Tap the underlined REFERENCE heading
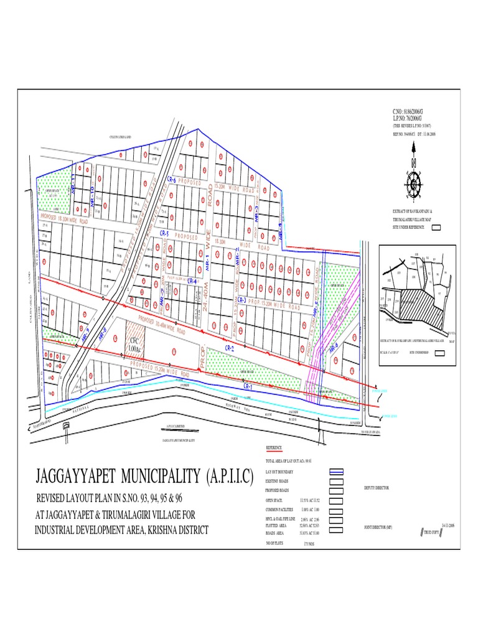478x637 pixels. (x=274, y=448)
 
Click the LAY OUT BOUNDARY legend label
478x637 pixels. (x=279, y=473)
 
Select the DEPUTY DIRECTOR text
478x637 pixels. (x=377, y=488)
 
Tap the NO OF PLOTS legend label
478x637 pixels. (x=274, y=543)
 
